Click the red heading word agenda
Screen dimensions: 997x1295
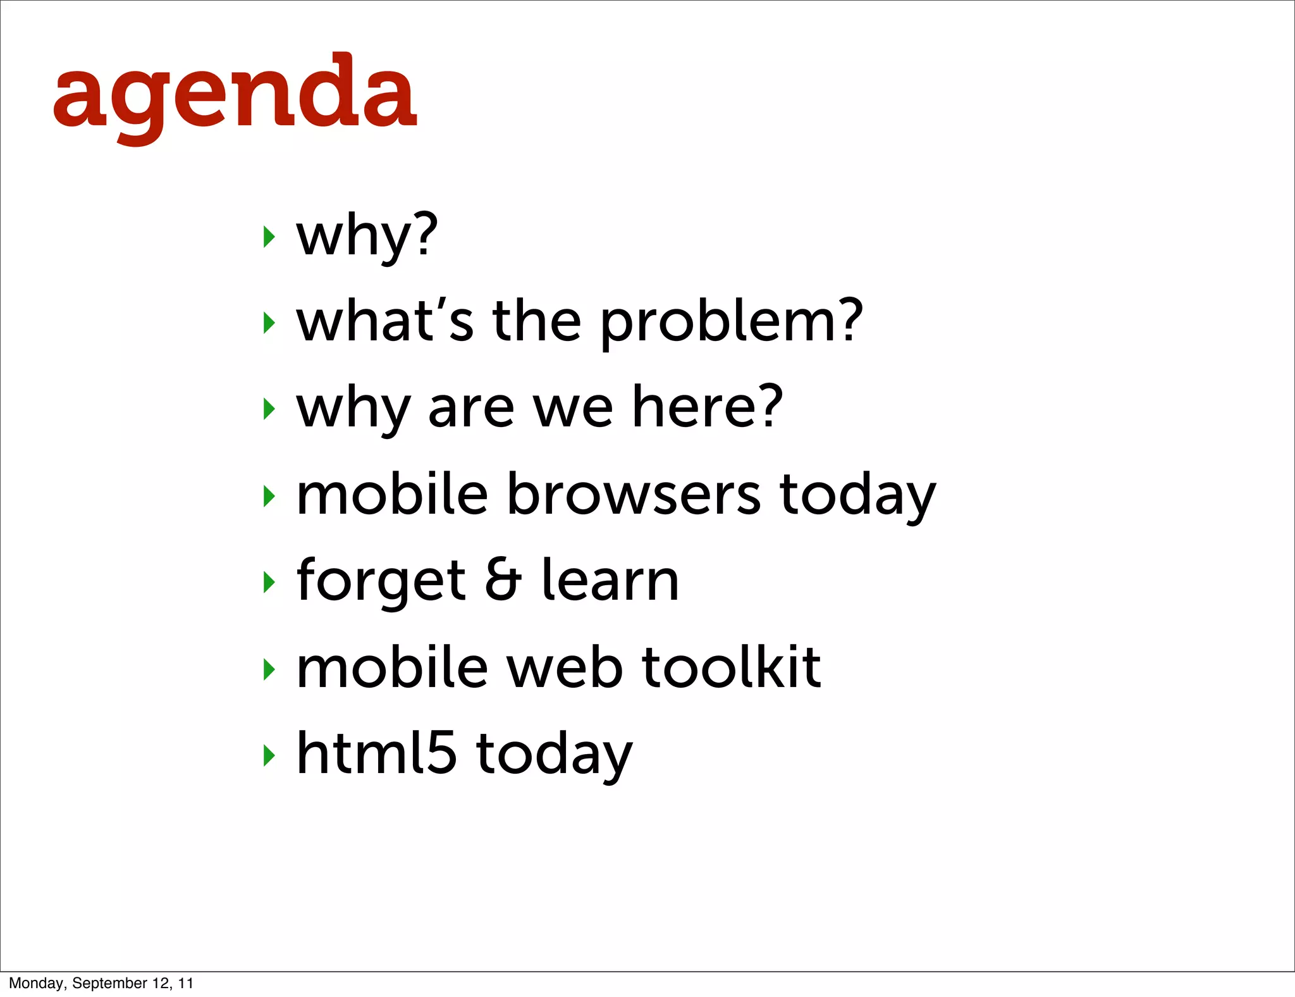click(x=235, y=95)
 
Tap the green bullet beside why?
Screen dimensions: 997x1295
click(x=269, y=237)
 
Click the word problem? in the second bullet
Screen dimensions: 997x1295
click(x=731, y=323)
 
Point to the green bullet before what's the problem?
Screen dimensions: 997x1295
click(x=269, y=323)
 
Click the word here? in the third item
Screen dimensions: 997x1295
click(x=708, y=408)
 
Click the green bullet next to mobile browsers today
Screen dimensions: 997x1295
click(x=269, y=496)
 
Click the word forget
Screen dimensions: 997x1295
click(x=381, y=581)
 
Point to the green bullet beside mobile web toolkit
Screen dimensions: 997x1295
click(x=269, y=669)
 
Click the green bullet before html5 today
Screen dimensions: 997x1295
click(x=269, y=755)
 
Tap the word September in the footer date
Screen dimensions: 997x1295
click(x=109, y=983)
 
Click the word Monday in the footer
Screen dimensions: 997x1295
click(x=35, y=983)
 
